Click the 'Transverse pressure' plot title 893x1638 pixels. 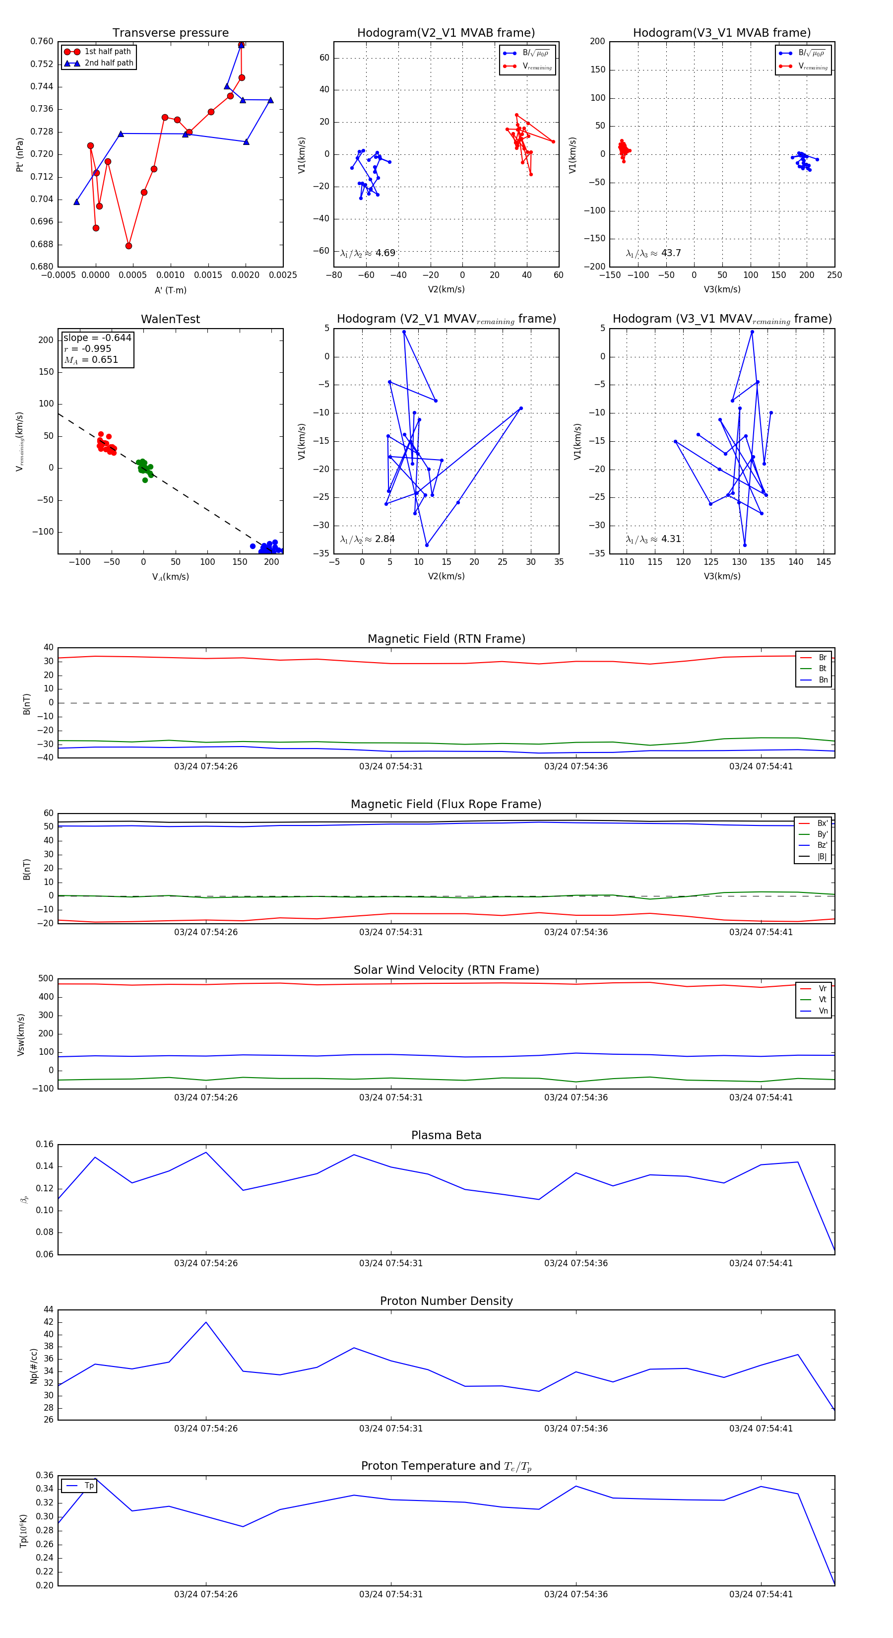170,33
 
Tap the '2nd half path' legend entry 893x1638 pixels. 109,63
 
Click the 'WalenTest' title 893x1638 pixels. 170,319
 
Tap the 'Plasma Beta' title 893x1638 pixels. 446,1136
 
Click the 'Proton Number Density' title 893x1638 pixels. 446,1301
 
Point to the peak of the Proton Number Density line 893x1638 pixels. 206,1322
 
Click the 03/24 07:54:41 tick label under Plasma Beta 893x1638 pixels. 761,1263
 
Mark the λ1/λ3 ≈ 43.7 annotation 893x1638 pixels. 653,253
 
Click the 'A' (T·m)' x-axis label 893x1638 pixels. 170,290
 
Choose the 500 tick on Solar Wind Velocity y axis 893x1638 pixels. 46,979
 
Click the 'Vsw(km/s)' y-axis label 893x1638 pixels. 21,1034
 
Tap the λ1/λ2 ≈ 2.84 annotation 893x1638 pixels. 367,539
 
